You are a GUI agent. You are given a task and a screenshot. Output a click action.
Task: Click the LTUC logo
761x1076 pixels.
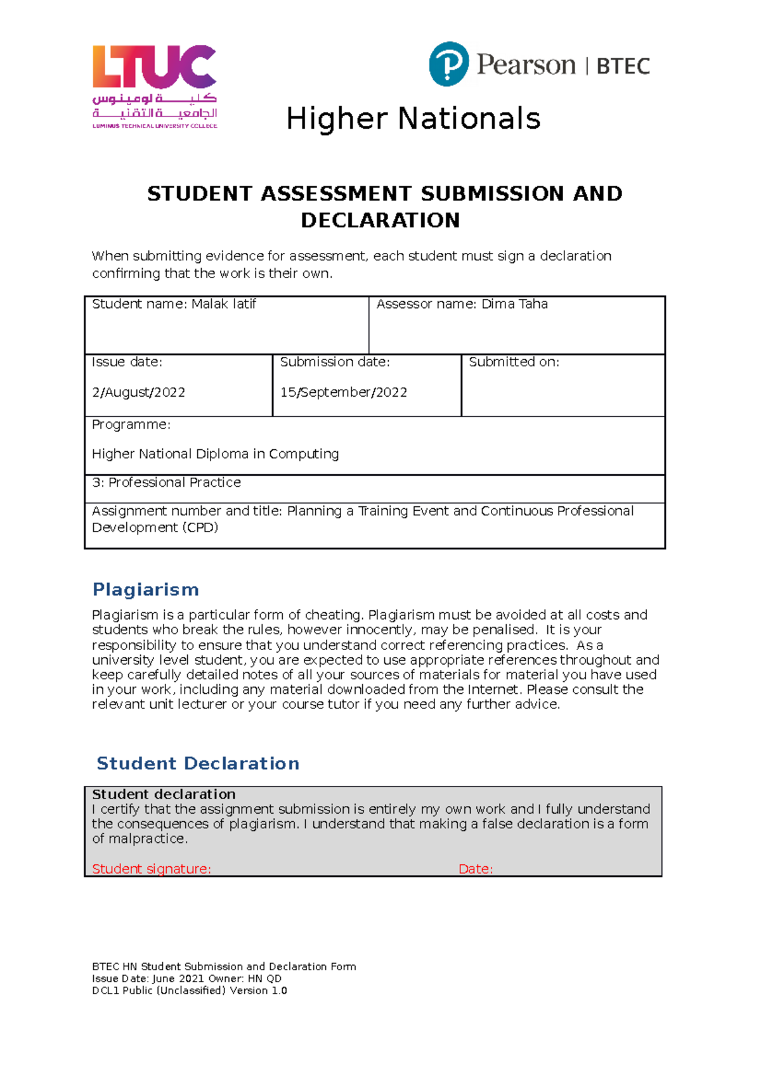[x=155, y=86]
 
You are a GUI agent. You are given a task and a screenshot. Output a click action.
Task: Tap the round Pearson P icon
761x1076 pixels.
[x=449, y=64]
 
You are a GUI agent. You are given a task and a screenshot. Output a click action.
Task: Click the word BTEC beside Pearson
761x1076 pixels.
[x=623, y=67]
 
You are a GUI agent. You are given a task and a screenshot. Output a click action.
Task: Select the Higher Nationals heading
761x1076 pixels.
[x=413, y=119]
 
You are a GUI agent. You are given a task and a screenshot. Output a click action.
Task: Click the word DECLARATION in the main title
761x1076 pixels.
[x=380, y=221]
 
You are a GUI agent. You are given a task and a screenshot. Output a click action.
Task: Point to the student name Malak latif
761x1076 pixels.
[x=224, y=304]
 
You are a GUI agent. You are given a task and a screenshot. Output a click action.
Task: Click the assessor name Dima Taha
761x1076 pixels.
[x=514, y=304]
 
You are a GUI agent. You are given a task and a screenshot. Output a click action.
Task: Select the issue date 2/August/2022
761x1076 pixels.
[x=138, y=392]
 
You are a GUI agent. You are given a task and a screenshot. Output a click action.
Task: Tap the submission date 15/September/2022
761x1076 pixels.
[x=343, y=392]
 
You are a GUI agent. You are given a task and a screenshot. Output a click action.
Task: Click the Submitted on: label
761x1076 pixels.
[x=514, y=362]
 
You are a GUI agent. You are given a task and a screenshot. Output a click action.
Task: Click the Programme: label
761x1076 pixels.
[x=131, y=425]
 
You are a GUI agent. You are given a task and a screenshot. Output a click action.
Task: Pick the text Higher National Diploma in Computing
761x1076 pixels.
[x=215, y=454]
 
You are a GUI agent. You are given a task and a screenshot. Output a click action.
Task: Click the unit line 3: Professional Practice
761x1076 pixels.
[x=166, y=482]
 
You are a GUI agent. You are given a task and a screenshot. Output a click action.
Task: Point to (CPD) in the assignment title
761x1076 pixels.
[x=200, y=528]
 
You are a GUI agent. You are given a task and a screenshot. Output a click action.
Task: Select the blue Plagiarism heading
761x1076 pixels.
[x=145, y=589]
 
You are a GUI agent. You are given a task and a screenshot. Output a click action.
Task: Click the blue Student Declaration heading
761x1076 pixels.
[x=197, y=763]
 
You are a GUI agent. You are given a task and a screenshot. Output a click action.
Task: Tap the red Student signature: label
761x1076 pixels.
[x=151, y=869]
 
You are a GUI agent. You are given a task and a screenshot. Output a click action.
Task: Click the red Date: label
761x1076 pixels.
[x=475, y=869]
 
